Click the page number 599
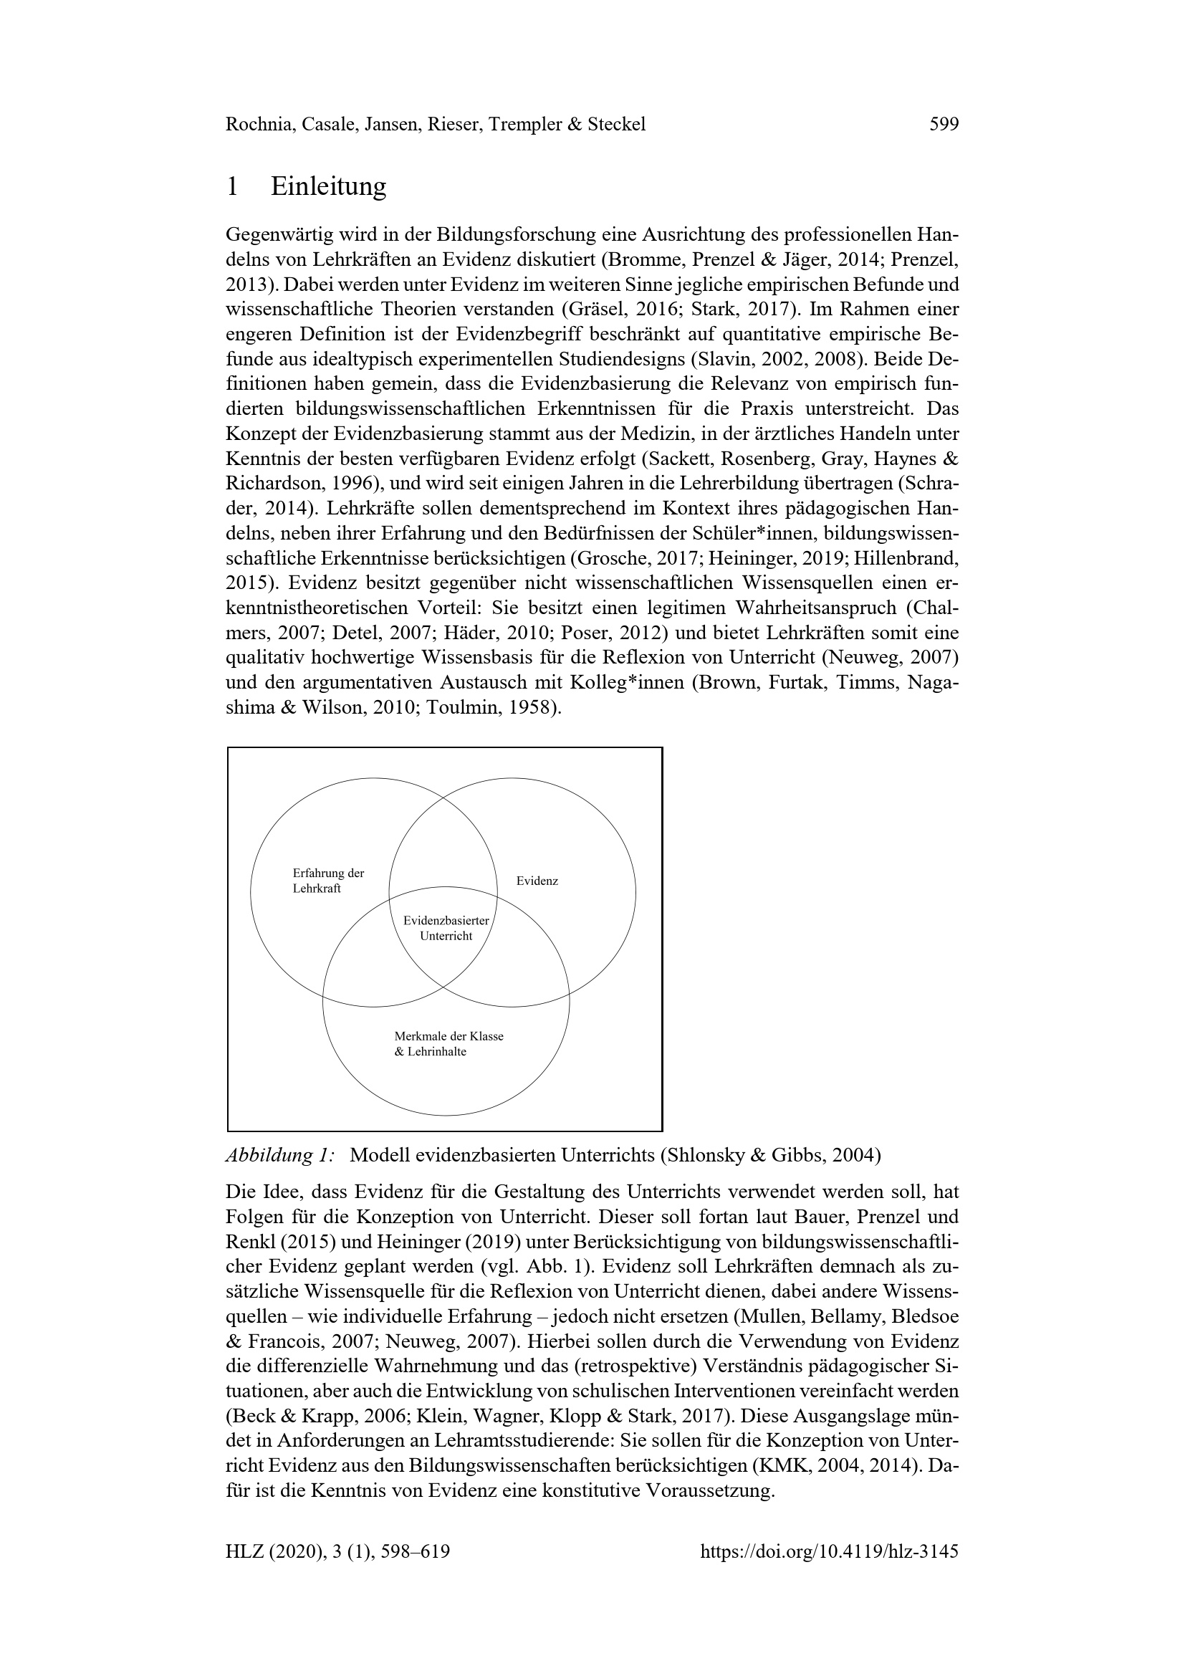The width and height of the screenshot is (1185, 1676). pos(944,125)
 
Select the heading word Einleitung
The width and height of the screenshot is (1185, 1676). pos(328,187)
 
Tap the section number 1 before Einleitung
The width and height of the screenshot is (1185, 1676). pos(232,187)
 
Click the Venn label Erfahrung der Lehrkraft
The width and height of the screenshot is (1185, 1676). pos(327,881)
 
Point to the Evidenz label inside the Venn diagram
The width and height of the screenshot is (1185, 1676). pos(537,881)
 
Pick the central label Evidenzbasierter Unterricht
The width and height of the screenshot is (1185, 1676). pos(446,929)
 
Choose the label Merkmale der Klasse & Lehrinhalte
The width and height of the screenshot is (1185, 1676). pos(448,1044)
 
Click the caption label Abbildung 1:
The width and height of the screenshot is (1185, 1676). pos(280,1156)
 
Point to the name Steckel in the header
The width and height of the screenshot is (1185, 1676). pos(617,125)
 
